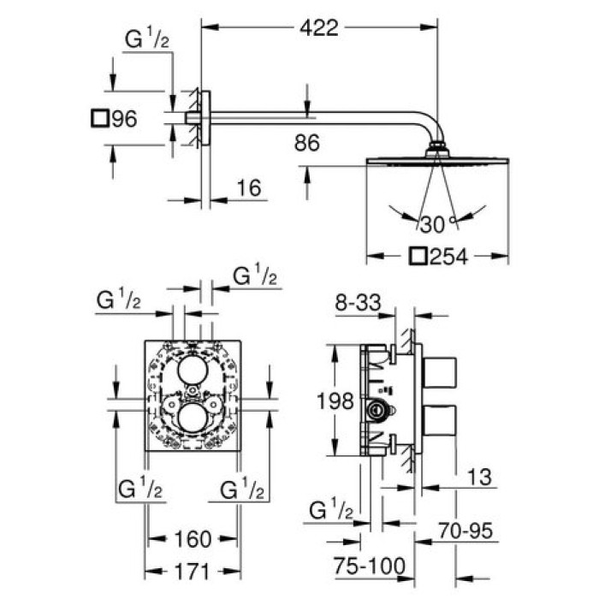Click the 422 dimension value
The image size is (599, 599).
(319, 27)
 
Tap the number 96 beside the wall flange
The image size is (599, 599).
(124, 119)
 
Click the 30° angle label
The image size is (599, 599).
(434, 225)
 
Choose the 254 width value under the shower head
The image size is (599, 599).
(449, 256)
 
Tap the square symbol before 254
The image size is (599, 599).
(418, 256)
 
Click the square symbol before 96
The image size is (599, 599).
(101, 119)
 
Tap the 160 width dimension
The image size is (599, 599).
(192, 539)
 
